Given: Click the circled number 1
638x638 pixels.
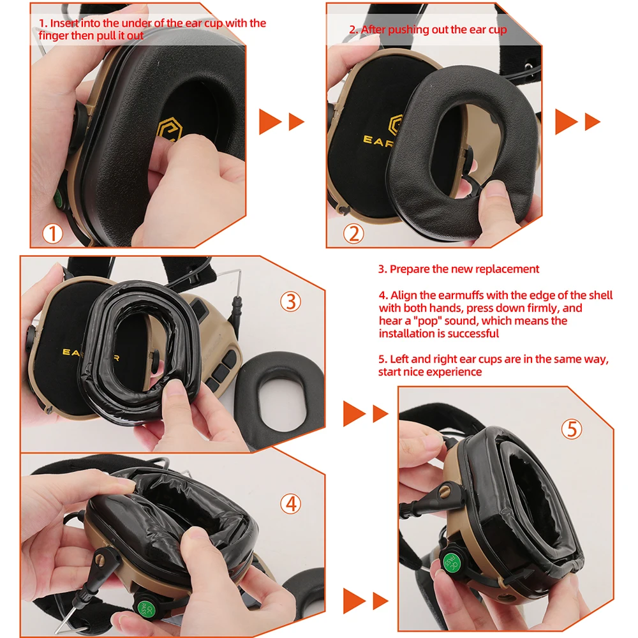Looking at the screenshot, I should [53, 234].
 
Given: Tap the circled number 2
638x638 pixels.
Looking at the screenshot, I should [353, 234].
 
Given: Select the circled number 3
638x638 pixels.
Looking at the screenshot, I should [291, 300].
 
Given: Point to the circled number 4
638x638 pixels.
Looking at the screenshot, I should [290, 504].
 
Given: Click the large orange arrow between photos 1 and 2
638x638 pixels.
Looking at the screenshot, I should [270, 121].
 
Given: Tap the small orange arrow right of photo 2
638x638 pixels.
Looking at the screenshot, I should [592, 121].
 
